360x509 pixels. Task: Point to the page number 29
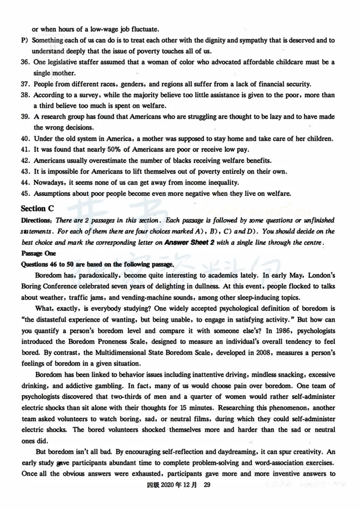207,484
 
